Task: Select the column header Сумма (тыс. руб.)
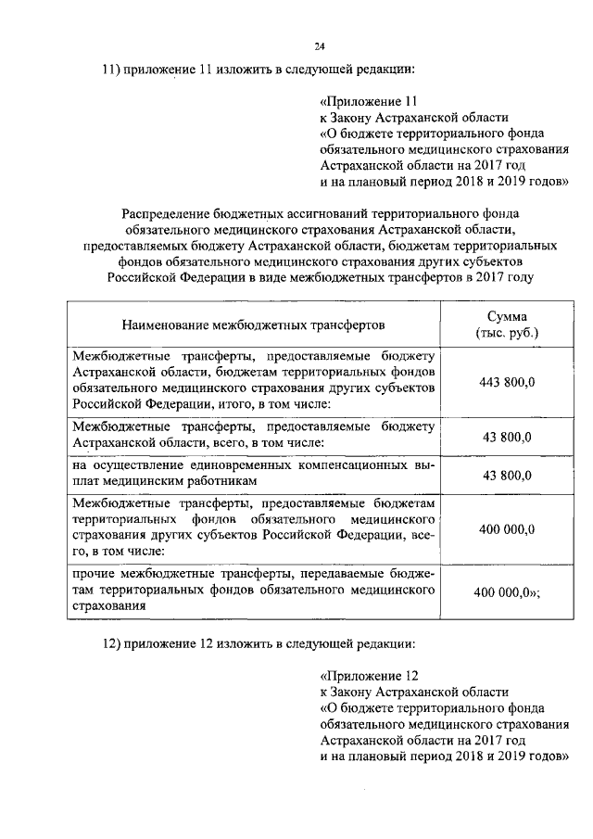pos(508,324)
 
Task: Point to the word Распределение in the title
pos(164,210)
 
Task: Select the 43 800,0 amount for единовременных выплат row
pos(508,476)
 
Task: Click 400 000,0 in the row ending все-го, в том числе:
pos(508,529)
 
